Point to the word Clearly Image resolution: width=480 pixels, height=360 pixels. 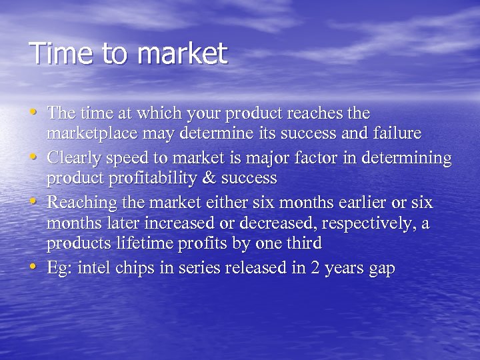coord(74,159)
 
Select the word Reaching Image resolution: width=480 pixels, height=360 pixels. coord(80,203)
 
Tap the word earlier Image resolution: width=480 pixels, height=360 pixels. coord(340,202)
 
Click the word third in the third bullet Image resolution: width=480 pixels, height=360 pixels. coord(305,244)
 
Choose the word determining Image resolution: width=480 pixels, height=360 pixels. coord(411,159)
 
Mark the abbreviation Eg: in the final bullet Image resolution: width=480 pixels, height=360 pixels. coord(60,269)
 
